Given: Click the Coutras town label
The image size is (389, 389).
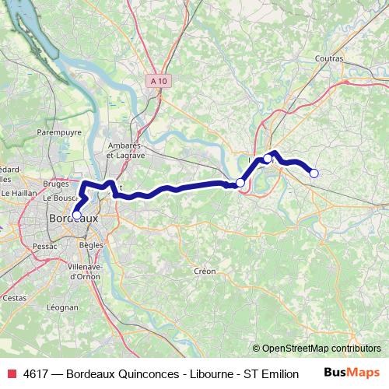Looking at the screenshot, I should pos(330,58).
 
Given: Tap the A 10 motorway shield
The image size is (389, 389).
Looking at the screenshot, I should pos(159,79).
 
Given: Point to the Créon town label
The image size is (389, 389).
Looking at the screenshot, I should pos(205,272).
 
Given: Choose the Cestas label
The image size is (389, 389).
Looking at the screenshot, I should pos(14,297).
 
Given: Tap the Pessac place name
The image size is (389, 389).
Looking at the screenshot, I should pos(45,246).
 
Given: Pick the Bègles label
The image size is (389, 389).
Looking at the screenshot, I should pos(91,245).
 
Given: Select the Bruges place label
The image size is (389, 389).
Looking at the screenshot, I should pos(57,184).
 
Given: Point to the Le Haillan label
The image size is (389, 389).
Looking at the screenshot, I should pos(16,192).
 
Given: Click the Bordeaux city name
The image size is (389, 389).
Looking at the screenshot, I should pos(73,219).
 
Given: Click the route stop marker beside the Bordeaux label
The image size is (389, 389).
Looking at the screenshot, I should pos(76,215).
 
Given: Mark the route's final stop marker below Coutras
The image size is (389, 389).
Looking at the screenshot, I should pos(314,173).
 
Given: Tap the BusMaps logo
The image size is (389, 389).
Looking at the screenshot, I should pos(352,373).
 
